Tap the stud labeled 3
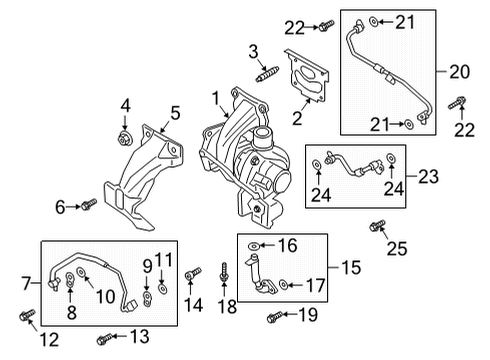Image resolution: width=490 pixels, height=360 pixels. coord(268,74)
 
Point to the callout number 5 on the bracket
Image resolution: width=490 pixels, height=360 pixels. coord(175,114)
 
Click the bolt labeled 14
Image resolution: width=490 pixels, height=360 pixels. coord(196,274)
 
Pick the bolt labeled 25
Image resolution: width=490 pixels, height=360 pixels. coord(378,227)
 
